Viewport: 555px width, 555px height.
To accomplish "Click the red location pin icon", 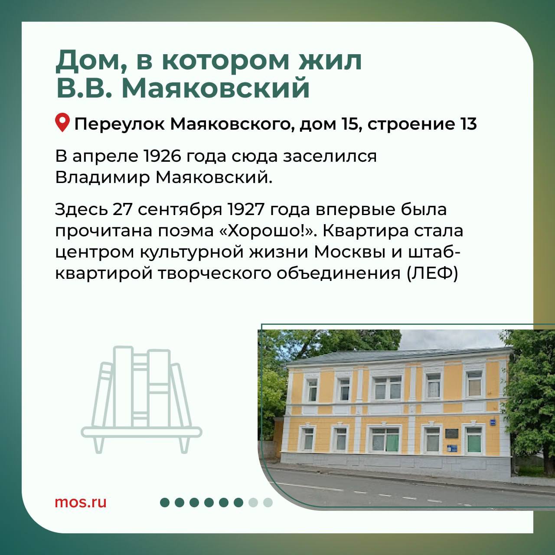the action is coord(62,123).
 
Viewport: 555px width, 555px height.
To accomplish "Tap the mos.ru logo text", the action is coord(81,503).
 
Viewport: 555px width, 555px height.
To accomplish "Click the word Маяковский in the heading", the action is coord(215,86).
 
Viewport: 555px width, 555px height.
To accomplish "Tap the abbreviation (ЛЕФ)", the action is coord(432,274).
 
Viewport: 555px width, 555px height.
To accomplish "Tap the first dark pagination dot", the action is coord(165,502).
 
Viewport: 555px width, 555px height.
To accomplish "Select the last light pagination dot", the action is coord(268,502).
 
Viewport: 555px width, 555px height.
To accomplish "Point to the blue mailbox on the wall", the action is coord(452,448).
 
